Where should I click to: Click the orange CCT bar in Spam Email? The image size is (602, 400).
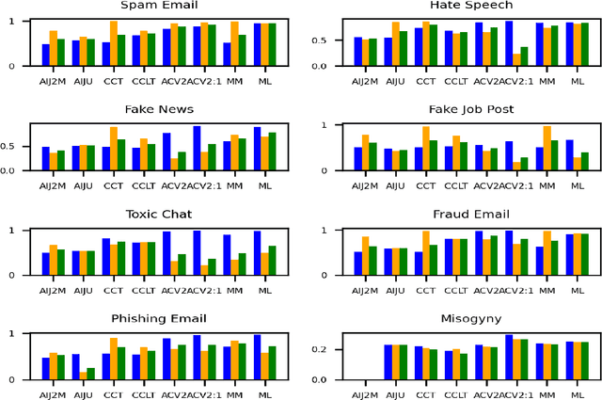[x=114, y=43]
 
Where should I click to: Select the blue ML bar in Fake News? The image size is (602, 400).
[x=257, y=149]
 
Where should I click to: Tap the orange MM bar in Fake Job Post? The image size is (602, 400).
[x=547, y=148]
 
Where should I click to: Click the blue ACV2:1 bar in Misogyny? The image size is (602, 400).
[x=508, y=357]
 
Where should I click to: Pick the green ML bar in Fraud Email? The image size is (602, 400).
[x=585, y=254]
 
